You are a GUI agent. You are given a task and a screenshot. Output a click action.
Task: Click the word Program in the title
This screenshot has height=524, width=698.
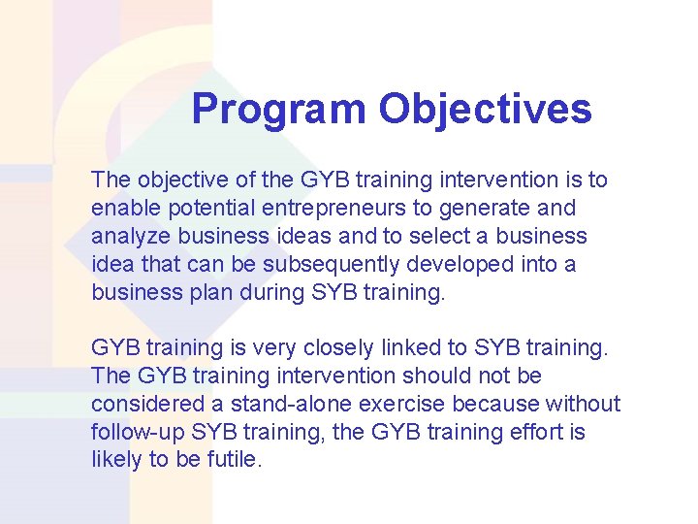click(278, 110)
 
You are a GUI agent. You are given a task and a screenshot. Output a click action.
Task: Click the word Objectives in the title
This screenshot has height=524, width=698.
click(485, 110)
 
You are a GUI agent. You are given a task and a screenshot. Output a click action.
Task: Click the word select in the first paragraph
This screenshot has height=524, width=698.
click(435, 236)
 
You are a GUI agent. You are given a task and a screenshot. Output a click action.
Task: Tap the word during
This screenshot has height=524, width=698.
click(265, 292)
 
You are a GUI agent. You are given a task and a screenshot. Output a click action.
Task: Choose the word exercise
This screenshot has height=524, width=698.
click(394, 403)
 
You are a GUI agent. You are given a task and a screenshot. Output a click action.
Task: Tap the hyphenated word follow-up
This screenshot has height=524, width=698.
click(138, 431)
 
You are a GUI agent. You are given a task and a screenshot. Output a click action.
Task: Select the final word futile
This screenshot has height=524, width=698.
click(235, 459)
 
